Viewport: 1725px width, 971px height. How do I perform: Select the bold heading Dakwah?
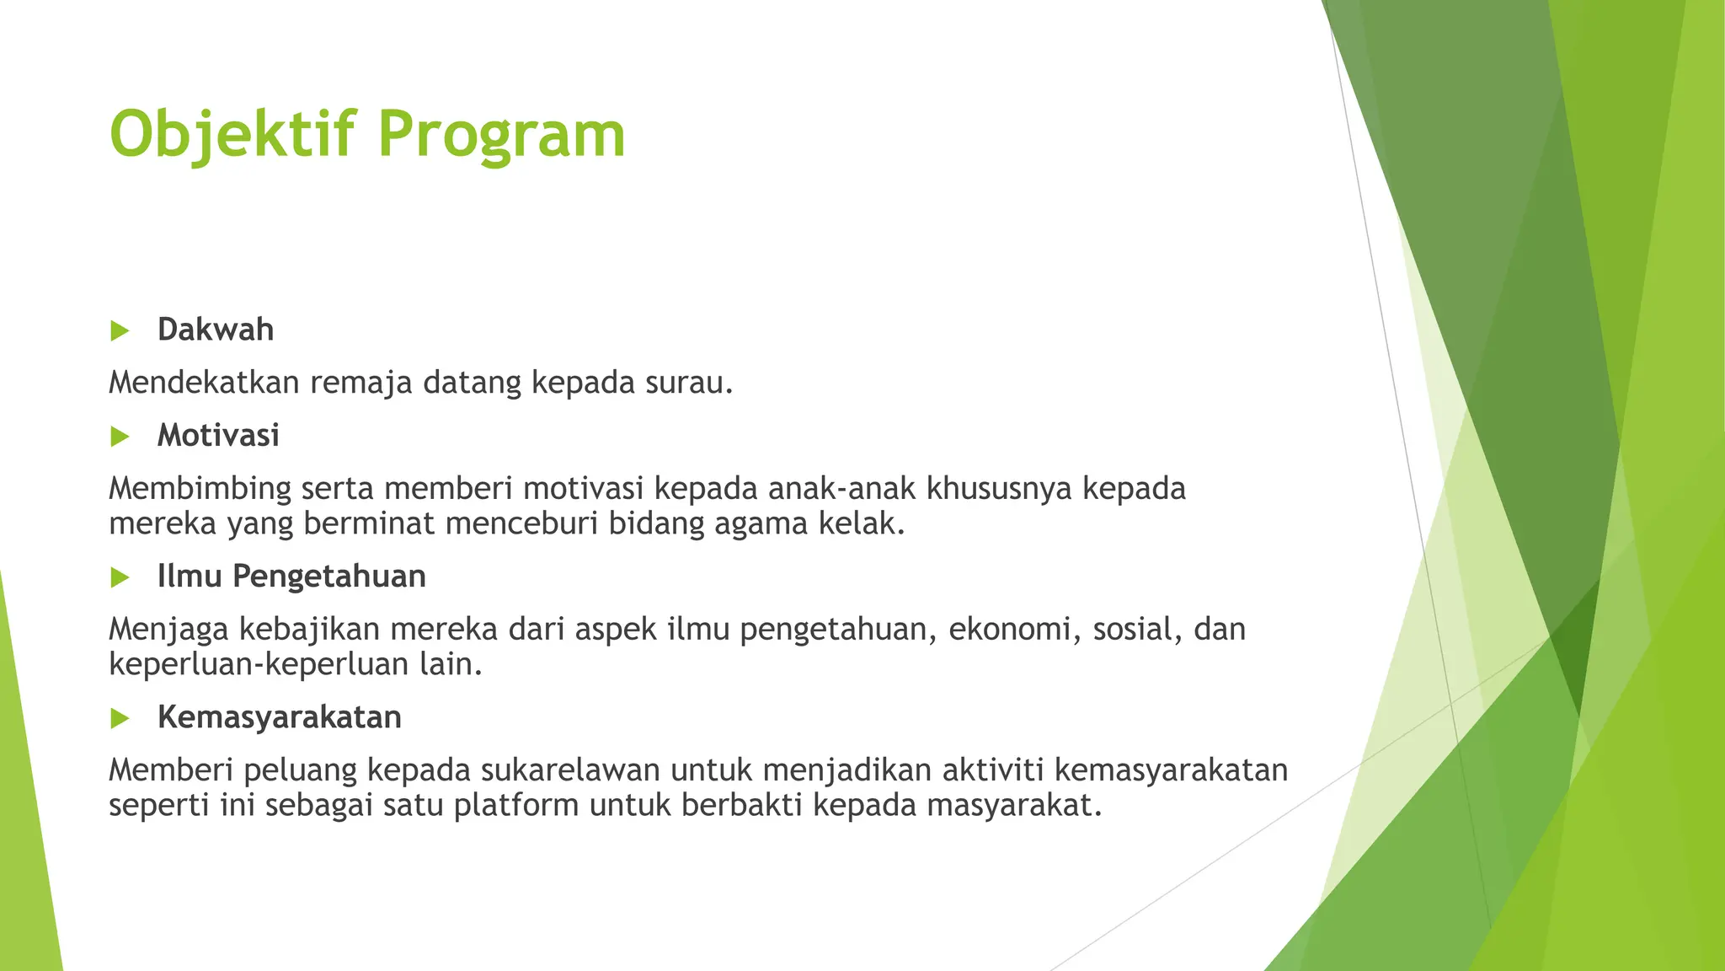216,330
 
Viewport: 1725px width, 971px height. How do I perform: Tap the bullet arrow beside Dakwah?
120,330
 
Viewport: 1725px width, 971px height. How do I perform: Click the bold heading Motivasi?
218,436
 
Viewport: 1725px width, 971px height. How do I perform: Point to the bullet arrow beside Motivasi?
120,437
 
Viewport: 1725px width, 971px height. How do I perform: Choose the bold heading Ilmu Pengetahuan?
291,577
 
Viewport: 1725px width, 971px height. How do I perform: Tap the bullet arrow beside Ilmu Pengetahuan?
120,577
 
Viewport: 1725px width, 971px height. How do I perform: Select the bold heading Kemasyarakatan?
279,717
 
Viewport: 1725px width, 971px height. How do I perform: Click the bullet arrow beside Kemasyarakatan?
120,718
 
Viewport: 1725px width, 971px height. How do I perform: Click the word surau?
688,383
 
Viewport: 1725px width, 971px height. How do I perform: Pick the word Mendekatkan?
204,383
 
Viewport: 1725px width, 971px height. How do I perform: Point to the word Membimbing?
200,489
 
